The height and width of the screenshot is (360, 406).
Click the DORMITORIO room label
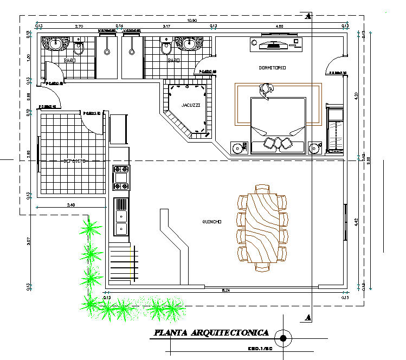272,67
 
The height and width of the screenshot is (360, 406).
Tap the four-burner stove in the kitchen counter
120,178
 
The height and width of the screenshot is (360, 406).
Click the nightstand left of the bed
237,147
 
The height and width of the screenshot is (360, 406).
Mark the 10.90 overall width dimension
191,21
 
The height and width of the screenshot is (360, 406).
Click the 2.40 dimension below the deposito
71,205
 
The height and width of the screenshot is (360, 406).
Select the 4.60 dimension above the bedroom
279,26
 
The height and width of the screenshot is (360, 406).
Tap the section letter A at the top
308,16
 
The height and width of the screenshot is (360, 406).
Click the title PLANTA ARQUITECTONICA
211,332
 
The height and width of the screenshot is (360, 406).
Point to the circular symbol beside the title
282,338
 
